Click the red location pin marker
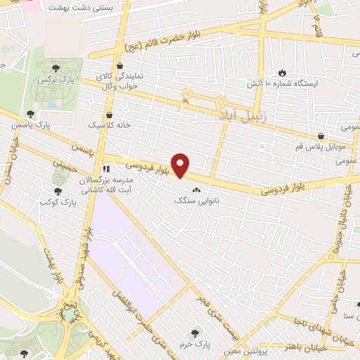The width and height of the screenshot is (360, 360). pos(181,165)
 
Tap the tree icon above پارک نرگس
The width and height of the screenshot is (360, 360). pos(55,67)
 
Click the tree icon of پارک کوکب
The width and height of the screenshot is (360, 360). pos(57,191)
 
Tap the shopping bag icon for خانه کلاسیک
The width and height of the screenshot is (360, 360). pos(109,114)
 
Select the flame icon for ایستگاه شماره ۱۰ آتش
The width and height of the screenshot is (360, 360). pos(282,72)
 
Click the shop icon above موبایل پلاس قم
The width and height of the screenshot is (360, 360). pos(321,136)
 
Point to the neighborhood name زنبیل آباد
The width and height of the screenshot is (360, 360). pos(245,113)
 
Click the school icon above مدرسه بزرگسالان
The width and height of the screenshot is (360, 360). pos(105,169)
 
